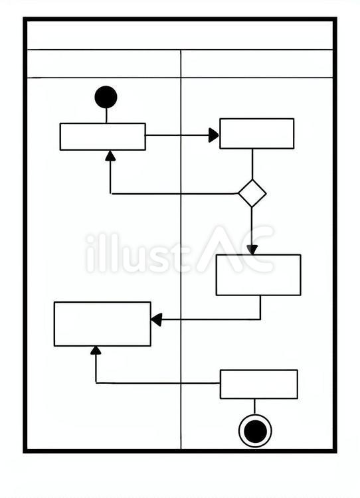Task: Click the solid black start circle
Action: pos(106,97)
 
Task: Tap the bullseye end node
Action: pos(255,431)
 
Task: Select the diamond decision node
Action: pos(252,193)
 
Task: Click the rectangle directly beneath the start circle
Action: pos(103,137)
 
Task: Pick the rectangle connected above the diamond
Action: pos(257,133)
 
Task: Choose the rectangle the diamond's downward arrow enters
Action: pos(258,275)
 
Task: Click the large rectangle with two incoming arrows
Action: pos(102,324)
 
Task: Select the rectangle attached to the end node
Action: pos(259,384)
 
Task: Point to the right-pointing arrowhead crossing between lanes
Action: pos(213,135)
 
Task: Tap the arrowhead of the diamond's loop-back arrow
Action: pos(110,155)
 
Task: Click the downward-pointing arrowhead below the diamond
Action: pos(252,250)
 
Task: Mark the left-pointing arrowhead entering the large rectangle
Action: pos(157,319)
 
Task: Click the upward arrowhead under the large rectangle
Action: pos(96,351)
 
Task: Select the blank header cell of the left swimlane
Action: pos(104,64)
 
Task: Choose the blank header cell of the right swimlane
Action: pos(257,64)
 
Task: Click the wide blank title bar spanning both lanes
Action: pos(180,35)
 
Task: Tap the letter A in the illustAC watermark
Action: pos(213,250)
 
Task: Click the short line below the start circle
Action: pos(106,116)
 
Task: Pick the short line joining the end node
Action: pos(254,407)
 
